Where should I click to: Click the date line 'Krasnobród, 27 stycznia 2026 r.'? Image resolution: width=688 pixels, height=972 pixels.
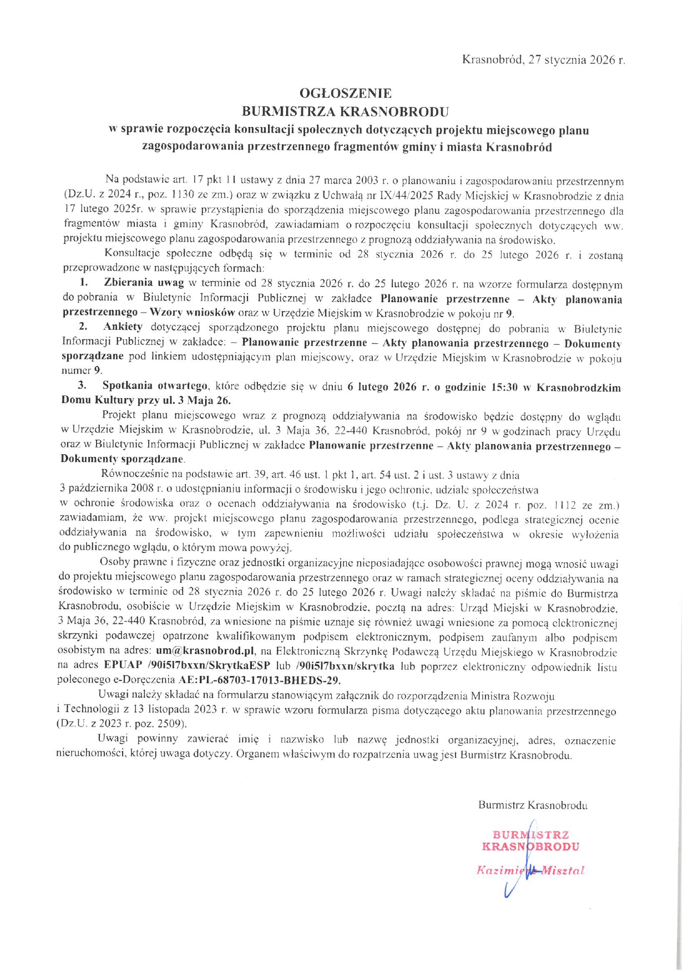(x=543, y=60)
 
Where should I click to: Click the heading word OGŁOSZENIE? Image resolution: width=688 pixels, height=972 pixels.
(x=345, y=93)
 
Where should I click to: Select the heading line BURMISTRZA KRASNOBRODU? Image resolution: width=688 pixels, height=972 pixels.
(x=345, y=111)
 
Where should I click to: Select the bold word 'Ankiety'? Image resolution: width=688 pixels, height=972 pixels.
(x=123, y=327)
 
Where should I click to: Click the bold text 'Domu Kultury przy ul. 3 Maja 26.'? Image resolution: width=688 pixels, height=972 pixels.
(x=146, y=400)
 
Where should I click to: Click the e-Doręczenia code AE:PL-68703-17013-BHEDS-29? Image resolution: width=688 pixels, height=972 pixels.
(x=259, y=680)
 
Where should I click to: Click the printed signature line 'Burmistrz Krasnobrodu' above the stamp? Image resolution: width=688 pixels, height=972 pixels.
(x=533, y=805)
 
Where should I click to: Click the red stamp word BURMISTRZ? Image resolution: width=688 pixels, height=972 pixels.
(x=530, y=835)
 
